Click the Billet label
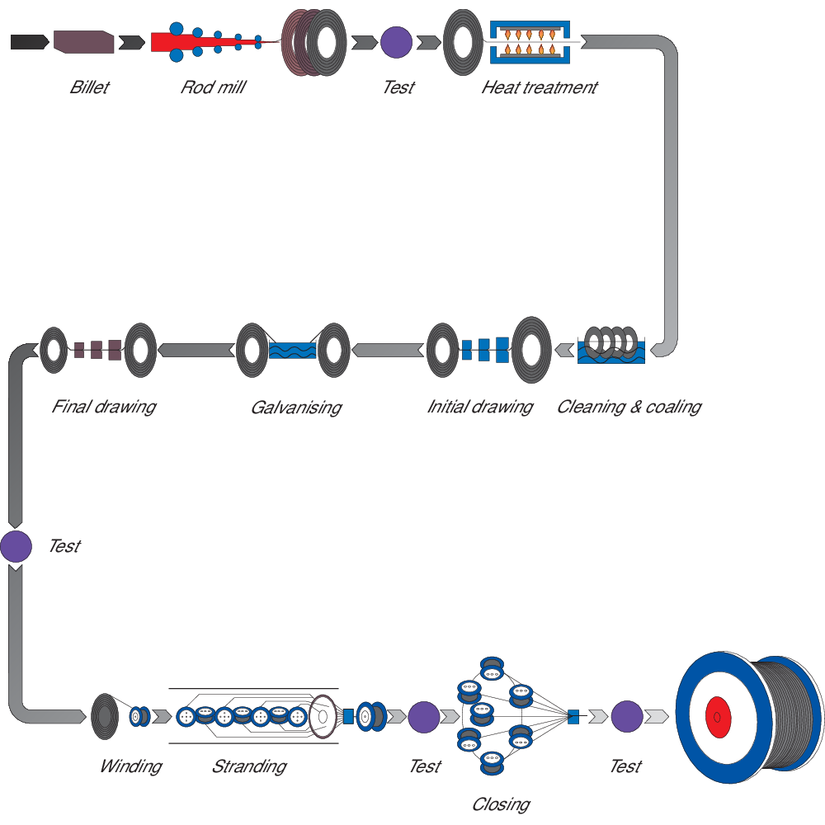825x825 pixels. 89,87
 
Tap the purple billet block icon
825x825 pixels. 82,41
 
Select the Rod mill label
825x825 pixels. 213,87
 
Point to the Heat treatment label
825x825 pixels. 540,87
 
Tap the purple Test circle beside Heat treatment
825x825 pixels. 397,41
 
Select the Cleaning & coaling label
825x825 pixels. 629,407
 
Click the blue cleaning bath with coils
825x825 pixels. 611,351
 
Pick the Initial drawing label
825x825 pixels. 479,407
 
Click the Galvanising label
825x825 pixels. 295,408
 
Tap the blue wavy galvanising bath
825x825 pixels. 293,350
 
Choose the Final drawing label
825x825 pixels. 103,407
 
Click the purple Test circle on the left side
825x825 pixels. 16,546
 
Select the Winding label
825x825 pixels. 130,766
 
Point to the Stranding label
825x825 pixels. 248,766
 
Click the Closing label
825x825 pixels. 501,804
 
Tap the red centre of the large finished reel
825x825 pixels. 717,718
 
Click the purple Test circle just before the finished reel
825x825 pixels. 627,716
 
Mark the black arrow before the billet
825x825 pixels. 30,41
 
